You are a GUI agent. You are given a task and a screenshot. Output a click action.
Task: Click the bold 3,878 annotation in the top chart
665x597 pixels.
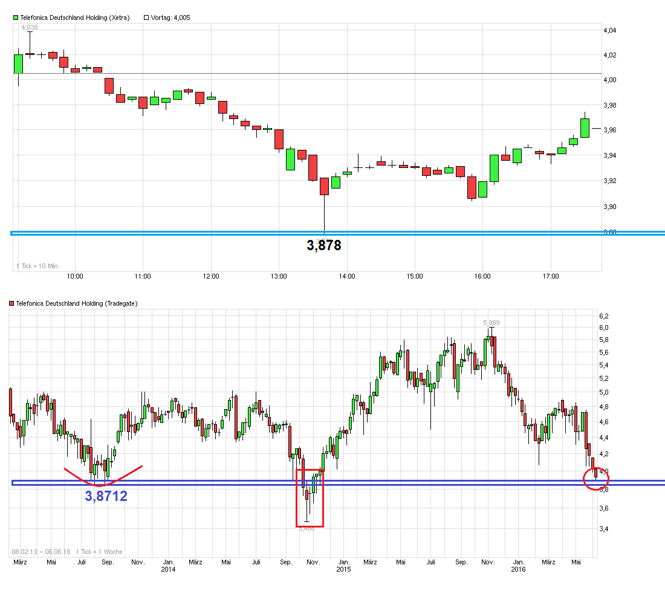[324, 246]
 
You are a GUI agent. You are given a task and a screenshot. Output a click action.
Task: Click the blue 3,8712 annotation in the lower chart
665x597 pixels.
[106, 497]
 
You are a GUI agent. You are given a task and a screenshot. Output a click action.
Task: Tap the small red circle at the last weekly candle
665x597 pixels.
[596, 479]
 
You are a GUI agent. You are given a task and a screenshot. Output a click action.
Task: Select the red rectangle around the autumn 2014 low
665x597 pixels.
[310, 497]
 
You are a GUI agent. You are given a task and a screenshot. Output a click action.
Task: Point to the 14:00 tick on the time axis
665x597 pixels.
[346, 276]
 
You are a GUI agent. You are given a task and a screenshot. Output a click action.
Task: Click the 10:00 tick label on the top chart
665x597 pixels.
[75, 276]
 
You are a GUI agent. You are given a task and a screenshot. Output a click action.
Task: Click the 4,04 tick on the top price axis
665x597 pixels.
[611, 30]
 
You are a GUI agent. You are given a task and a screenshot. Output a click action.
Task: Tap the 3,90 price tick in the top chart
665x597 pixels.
[611, 207]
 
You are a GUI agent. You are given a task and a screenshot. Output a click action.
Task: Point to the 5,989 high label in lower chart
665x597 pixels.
[491, 323]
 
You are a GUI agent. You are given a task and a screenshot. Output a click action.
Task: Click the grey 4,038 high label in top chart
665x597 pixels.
[29, 28]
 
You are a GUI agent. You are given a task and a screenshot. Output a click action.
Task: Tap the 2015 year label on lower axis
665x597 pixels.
[343, 569]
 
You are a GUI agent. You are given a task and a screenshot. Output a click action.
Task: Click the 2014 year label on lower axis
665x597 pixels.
[168, 569]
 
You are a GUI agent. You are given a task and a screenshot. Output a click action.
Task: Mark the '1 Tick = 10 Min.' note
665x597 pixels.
[37, 266]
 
